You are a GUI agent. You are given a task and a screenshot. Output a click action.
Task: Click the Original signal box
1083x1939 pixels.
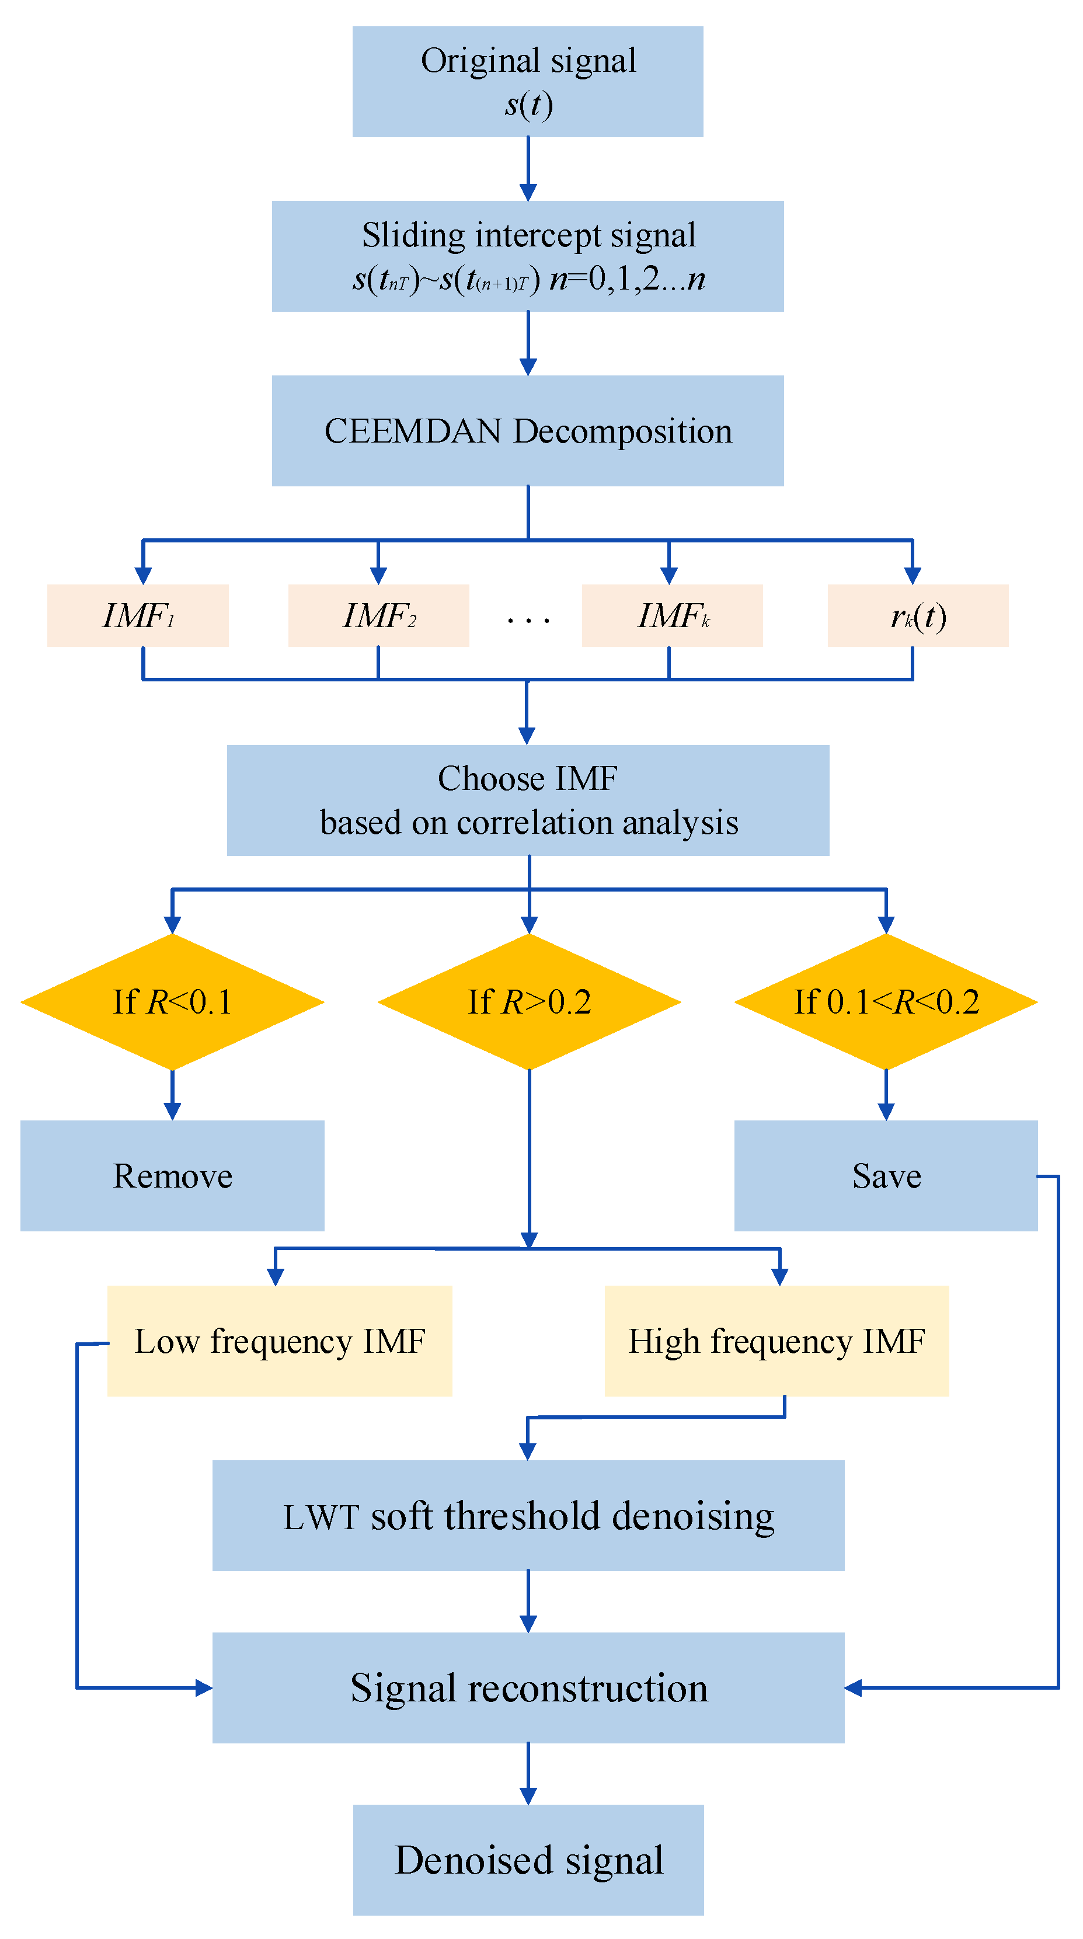pyautogui.click(x=528, y=81)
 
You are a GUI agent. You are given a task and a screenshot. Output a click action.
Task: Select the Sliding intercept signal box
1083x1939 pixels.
pyautogui.click(x=528, y=256)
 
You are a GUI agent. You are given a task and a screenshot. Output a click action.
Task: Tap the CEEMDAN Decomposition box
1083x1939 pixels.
pyautogui.click(x=528, y=430)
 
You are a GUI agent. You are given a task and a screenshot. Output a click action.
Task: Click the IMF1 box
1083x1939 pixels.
pyautogui.click(x=138, y=615)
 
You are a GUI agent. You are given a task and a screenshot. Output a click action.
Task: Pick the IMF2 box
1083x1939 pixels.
pyautogui.click(x=378, y=615)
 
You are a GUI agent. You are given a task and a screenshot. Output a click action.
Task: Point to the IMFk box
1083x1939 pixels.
pyautogui.click(x=672, y=615)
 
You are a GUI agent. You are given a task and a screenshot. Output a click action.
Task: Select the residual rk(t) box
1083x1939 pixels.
pyautogui.click(x=917, y=615)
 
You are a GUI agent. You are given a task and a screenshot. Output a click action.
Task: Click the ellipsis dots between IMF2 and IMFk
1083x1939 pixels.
pyautogui.click(x=528, y=620)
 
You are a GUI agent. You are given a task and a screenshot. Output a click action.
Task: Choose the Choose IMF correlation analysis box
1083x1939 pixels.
pyautogui.click(x=528, y=799)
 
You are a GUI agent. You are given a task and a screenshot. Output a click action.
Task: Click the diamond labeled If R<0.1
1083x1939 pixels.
pyautogui.click(x=172, y=1001)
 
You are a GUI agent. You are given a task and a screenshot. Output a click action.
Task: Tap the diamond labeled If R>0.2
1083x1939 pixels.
pyautogui.click(x=529, y=1001)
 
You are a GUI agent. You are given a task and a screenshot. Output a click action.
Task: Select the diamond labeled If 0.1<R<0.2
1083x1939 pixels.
pyautogui.click(x=886, y=1001)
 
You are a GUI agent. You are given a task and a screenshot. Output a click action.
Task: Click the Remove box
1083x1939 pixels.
pyautogui.click(x=172, y=1175)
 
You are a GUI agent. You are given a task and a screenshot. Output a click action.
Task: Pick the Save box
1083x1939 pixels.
pyautogui.click(x=886, y=1175)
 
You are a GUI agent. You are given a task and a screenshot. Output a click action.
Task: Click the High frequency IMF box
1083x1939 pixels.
pyautogui.click(x=776, y=1341)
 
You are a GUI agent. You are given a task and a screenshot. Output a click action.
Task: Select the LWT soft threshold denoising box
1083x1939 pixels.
pyautogui.click(x=528, y=1515)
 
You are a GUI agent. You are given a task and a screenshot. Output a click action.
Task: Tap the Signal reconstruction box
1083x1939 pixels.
pyautogui.click(x=528, y=1687)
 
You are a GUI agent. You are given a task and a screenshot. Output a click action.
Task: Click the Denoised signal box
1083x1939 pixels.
pyautogui.click(x=528, y=1859)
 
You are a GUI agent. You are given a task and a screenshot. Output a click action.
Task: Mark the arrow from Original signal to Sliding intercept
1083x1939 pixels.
pyautogui.click(x=528, y=169)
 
